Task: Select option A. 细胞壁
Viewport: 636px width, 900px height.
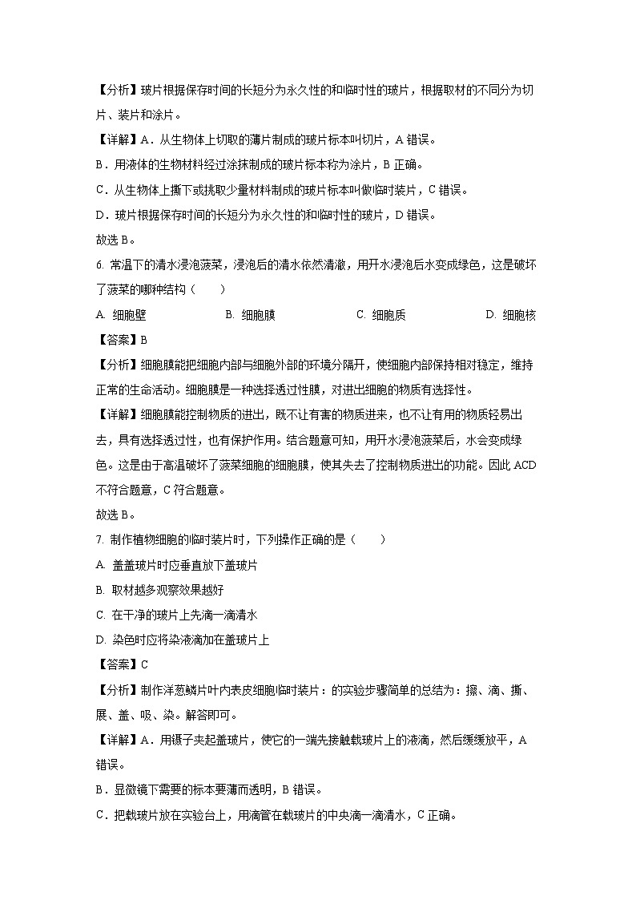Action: [121, 315]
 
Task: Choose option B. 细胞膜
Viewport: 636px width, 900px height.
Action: [251, 315]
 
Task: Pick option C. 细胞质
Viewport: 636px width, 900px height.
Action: [380, 315]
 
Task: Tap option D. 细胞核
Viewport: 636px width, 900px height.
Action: [510, 315]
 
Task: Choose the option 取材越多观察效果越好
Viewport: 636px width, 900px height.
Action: [167, 590]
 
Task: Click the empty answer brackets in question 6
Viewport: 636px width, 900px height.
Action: [208, 290]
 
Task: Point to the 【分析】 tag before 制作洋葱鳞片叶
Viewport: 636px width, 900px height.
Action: [117, 689]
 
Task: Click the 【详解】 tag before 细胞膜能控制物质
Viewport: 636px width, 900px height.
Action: [117, 415]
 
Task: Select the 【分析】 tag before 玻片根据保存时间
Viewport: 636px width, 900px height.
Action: [117, 91]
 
